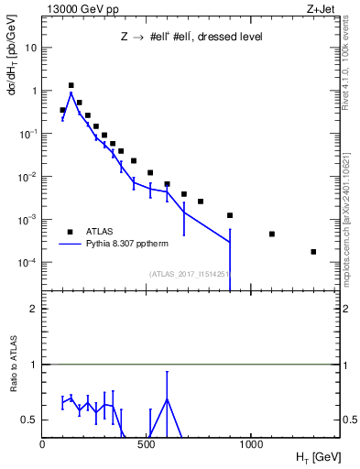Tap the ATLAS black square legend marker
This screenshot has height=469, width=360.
(x=70, y=232)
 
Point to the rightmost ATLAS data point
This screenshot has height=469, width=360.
(x=313, y=252)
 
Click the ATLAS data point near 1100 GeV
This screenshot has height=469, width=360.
(x=272, y=234)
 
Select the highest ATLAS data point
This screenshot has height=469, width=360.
(x=71, y=85)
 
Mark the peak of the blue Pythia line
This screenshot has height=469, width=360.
(x=71, y=93)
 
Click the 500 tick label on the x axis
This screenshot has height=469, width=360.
(x=147, y=444)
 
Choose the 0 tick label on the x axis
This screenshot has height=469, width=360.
(x=43, y=444)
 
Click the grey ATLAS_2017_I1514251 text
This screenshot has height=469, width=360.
(x=189, y=273)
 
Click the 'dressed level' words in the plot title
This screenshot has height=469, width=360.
(x=228, y=38)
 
